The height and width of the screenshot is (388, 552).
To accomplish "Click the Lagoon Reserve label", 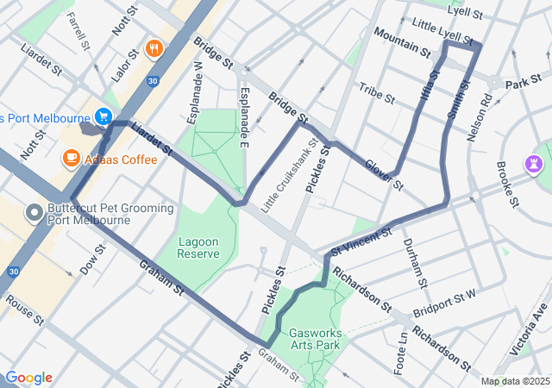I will tap(198, 247).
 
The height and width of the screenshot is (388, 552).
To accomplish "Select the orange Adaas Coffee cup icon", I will tap(70, 159).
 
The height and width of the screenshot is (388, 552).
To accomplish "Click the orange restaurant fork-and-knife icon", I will tap(154, 48).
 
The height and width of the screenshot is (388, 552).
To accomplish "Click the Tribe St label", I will tap(376, 92).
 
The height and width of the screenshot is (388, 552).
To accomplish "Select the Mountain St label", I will tap(401, 41).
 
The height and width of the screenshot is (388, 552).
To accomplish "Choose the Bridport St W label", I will tap(444, 302).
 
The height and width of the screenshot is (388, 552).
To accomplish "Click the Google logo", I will tap(28, 378).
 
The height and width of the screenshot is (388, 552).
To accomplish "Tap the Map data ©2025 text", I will tap(514, 381).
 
